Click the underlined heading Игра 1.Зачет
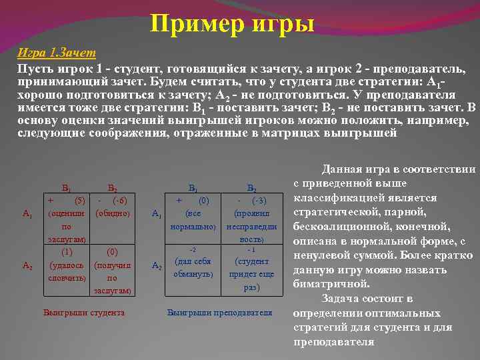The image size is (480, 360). click(x=57, y=53)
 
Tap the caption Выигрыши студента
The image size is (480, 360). click(x=83, y=312)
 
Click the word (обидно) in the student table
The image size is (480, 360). click(x=113, y=214)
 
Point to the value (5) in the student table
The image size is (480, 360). click(x=78, y=201)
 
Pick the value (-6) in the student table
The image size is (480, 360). click(x=121, y=201)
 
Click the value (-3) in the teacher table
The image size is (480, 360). click(x=259, y=201)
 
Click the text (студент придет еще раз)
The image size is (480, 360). click(x=251, y=274)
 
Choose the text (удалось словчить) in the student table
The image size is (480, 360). click(x=67, y=271)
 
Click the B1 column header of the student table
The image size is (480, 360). click(x=67, y=189)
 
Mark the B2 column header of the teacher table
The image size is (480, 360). click(x=251, y=189)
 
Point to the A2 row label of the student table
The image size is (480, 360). click(x=27, y=265)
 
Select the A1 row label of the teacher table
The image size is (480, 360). click(x=156, y=214)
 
